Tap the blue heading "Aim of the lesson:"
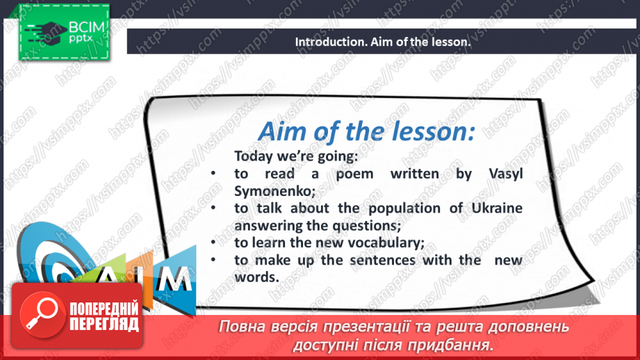[366, 131]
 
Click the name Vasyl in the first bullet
[506, 174]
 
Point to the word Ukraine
[497, 208]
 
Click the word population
[404, 209]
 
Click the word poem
[354, 174]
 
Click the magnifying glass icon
[42, 314]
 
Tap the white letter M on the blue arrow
[174, 279]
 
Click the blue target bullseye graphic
[49, 253]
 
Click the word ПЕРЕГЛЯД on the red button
[104, 325]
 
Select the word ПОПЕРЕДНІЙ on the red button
[104, 309]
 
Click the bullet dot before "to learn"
[213, 243]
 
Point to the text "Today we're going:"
[296, 156]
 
